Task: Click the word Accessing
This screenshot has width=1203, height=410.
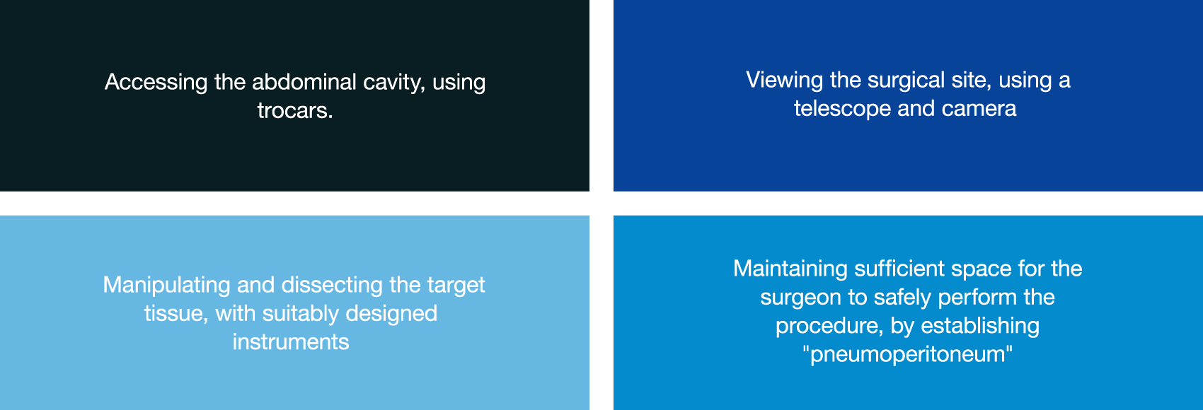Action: pyautogui.click(x=156, y=83)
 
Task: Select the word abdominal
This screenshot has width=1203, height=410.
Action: pyautogui.click(x=304, y=81)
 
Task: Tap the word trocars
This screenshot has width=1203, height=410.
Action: pyautogui.click(x=295, y=110)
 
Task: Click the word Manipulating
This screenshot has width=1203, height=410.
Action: pyautogui.click(x=166, y=286)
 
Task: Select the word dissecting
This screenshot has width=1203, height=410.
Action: pyautogui.click(x=332, y=286)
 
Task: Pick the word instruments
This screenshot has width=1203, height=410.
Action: pyautogui.click(x=291, y=342)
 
